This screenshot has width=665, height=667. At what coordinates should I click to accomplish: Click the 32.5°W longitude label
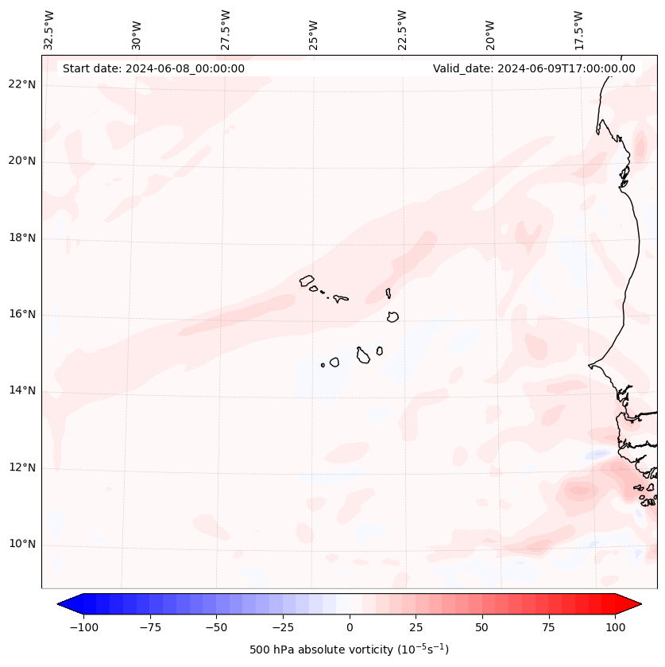click(x=49, y=29)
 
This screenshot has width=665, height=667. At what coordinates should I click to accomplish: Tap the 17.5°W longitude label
click(x=578, y=29)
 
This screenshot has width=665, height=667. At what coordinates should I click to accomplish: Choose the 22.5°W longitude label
click(x=402, y=29)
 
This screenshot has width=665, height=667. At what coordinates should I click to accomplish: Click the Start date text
click(x=153, y=68)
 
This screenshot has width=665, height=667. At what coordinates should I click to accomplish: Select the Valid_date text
click(x=534, y=68)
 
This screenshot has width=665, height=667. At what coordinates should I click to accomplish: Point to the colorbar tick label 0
click(x=350, y=627)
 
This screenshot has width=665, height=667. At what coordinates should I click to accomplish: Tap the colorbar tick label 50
click(x=482, y=627)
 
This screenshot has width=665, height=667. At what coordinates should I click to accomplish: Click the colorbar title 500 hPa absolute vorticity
click(x=349, y=650)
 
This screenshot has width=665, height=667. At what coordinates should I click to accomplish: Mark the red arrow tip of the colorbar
click(x=640, y=604)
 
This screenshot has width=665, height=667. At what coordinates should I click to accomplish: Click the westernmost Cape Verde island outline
click(x=307, y=280)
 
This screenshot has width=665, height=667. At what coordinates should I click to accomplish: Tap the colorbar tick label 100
click(x=614, y=627)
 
